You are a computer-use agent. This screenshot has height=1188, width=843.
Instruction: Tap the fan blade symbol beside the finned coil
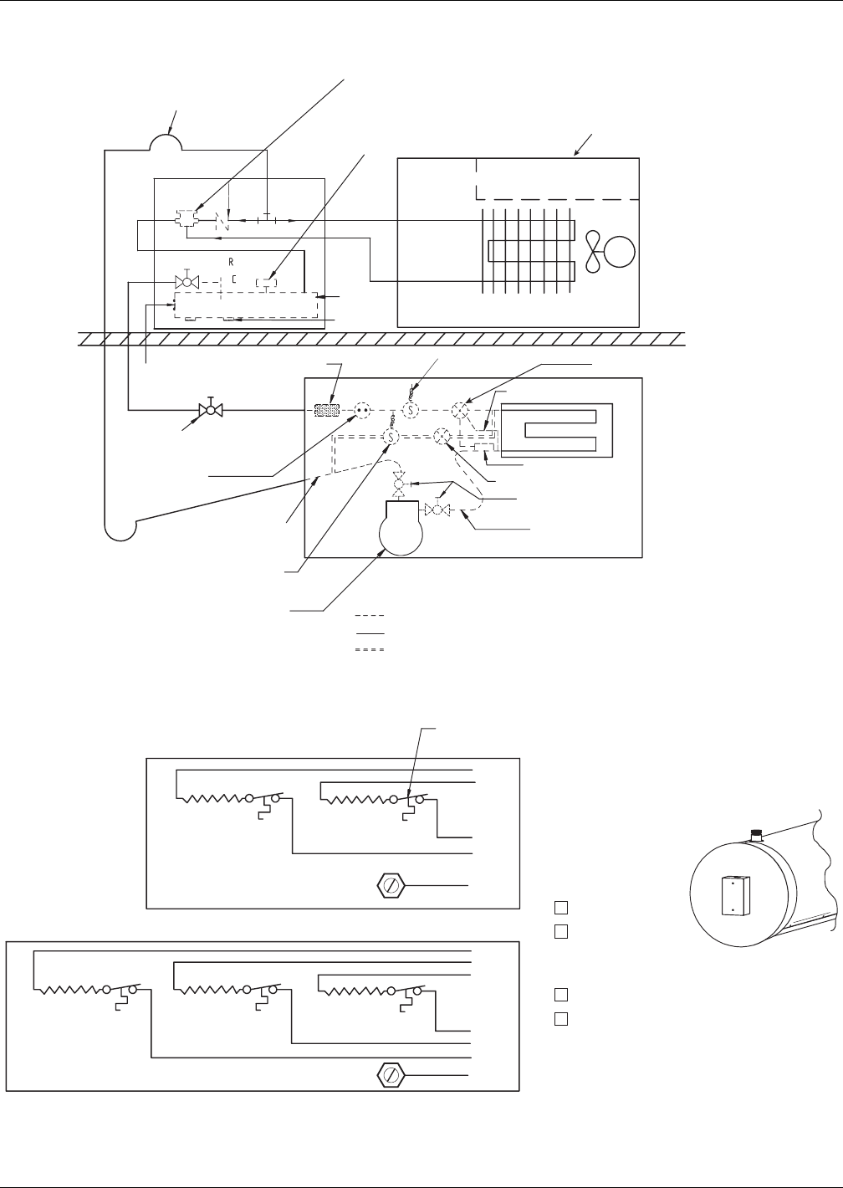coord(592,251)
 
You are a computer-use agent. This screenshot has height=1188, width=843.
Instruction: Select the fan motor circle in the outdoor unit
coord(619,251)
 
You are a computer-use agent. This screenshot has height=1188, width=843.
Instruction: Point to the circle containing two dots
coord(361,410)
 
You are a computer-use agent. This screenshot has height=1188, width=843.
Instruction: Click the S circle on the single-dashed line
coord(411,410)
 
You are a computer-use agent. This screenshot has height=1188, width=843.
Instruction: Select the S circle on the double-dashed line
coord(391,436)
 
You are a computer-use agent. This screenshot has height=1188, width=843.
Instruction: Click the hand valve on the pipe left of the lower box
coord(210,410)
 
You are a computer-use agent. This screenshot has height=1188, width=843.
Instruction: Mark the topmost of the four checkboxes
coord(560,907)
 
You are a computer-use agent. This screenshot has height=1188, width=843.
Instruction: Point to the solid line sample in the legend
coord(369,633)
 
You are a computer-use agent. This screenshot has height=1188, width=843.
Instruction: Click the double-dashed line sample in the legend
coord(369,649)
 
